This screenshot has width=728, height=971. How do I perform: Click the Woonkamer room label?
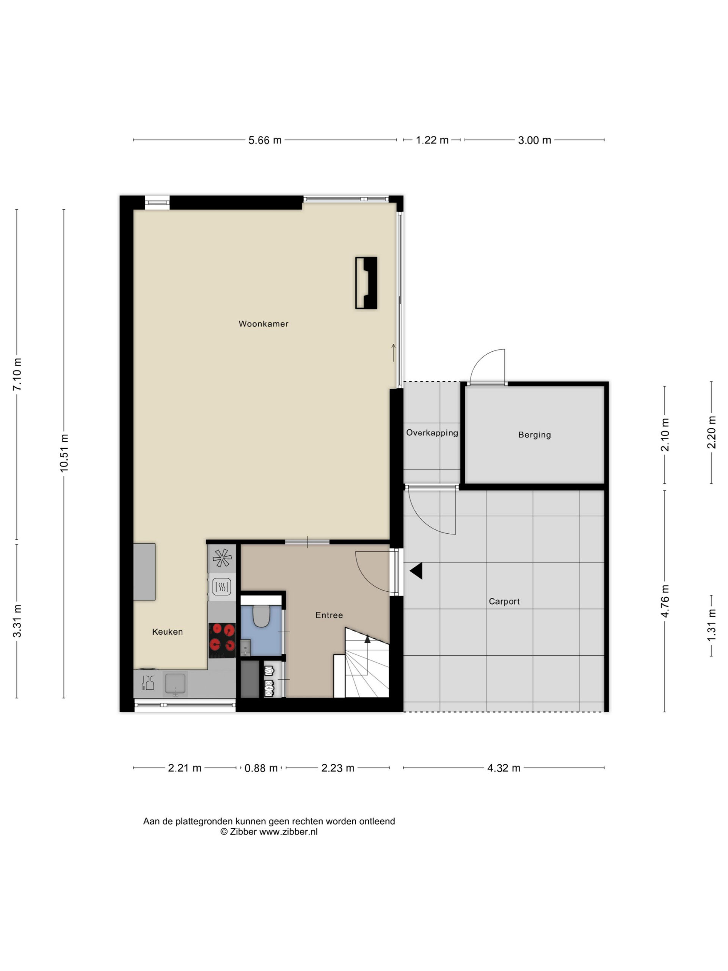click(x=263, y=324)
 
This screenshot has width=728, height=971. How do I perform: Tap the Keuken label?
click(x=167, y=632)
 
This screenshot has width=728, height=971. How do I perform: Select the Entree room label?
click(x=329, y=615)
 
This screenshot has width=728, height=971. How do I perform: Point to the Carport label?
click(x=504, y=602)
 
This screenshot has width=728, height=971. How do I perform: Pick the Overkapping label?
click(x=432, y=433)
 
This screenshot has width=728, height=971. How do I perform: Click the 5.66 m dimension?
click(x=265, y=140)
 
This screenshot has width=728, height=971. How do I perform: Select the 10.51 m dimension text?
click(x=64, y=453)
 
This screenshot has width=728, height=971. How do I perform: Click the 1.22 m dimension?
click(x=432, y=140)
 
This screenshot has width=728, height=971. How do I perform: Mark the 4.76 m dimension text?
click(x=665, y=601)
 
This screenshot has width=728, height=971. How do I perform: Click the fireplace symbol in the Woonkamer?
click(x=366, y=283)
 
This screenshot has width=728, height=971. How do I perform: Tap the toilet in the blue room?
click(x=262, y=616)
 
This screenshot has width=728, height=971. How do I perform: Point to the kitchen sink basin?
click(x=175, y=683)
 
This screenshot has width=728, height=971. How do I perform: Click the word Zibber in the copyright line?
click(x=243, y=831)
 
